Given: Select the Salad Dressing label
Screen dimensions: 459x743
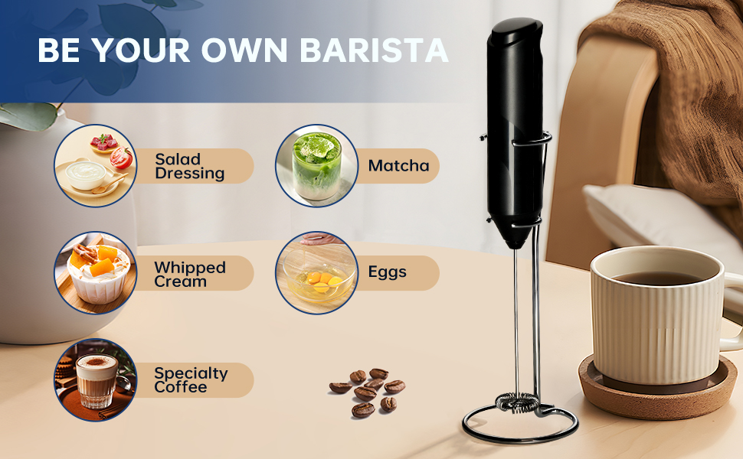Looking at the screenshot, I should tap(189, 166).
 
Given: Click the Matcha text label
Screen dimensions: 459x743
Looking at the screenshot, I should tap(398, 165).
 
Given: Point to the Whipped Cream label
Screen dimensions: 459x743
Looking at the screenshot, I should tap(189, 274).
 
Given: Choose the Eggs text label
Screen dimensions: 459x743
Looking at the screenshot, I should tap(387, 272).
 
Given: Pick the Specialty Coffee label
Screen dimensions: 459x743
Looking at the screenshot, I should tap(191, 380).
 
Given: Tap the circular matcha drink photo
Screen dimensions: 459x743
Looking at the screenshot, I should tap(316, 166).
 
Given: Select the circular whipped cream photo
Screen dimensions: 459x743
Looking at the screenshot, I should tap(95, 273).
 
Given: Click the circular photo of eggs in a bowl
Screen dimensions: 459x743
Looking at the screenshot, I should tap(316, 273).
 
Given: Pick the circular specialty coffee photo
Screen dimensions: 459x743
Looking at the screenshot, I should tap(95, 380).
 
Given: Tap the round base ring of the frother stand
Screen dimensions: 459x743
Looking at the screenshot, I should tap(521, 429).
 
